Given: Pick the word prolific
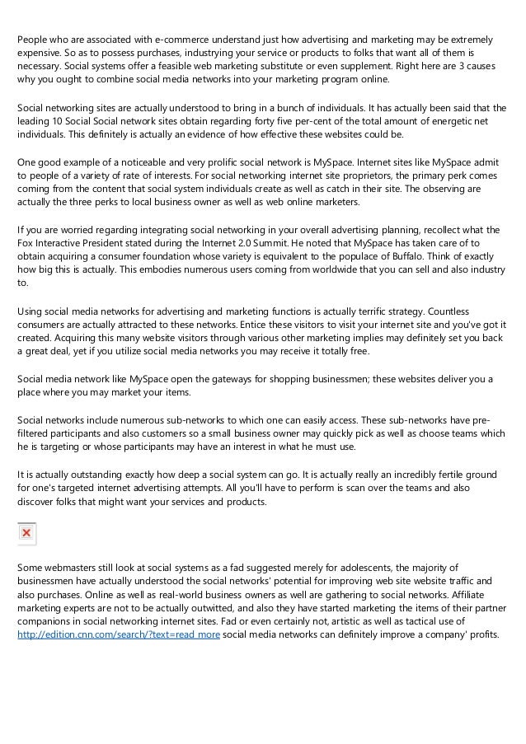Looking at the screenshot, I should (204, 161).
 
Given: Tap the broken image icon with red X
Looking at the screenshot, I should (27, 533).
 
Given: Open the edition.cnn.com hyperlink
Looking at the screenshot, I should (118, 635).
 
